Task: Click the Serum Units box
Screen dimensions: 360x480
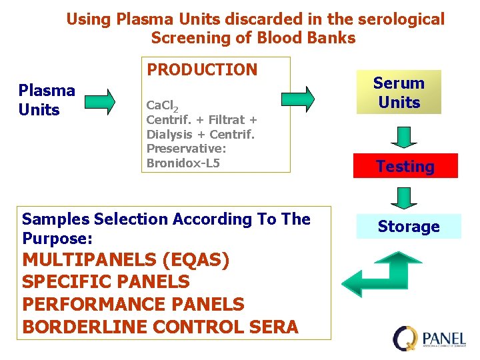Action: click(399, 93)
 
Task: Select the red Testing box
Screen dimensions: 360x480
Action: click(405, 166)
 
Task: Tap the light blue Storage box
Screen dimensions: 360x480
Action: click(408, 227)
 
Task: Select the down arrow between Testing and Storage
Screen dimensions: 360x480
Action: click(403, 198)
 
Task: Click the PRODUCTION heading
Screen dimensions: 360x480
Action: click(202, 70)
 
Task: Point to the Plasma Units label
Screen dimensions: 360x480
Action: click(47, 100)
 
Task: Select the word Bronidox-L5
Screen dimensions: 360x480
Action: click(183, 163)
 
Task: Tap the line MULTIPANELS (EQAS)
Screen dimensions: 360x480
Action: click(126, 260)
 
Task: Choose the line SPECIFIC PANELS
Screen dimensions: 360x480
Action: click(106, 282)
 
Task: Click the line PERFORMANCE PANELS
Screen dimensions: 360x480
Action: click(133, 305)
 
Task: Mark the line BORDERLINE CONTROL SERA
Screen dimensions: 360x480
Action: click(161, 327)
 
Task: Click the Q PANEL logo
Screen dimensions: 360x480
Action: click(429, 337)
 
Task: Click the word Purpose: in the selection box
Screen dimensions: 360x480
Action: click(57, 239)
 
